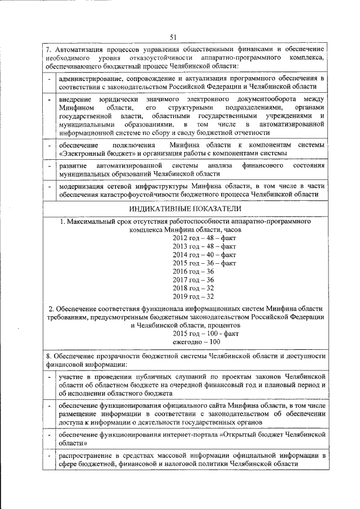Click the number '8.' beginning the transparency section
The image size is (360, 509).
pos(49,356)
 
